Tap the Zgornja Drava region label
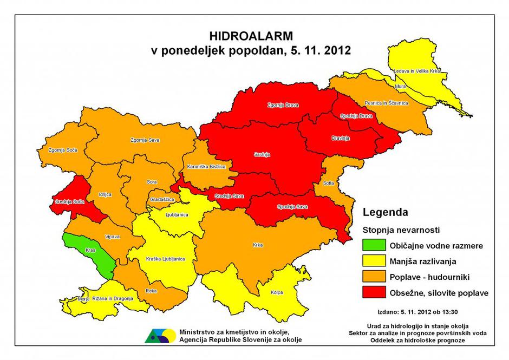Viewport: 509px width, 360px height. (x=283, y=105)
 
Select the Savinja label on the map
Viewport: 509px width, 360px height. (x=262, y=155)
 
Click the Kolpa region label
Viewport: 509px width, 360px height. (x=277, y=293)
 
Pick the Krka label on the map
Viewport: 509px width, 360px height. (x=258, y=245)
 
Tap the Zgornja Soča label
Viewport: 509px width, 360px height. (x=61, y=150)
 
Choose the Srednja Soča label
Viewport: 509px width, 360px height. (x=67, y=202)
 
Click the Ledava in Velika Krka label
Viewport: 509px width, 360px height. (x=417, y=71)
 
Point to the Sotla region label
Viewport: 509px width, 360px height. (x=328, y=183)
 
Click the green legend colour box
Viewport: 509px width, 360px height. (x=374, y=245)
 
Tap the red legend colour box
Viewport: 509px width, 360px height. (x=374, y=293)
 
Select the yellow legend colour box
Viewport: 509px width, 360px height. (x=374, y=261)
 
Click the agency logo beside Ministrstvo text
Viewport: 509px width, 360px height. (x=159, y=335)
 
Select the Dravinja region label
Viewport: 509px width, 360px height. (x=341, y=139)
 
